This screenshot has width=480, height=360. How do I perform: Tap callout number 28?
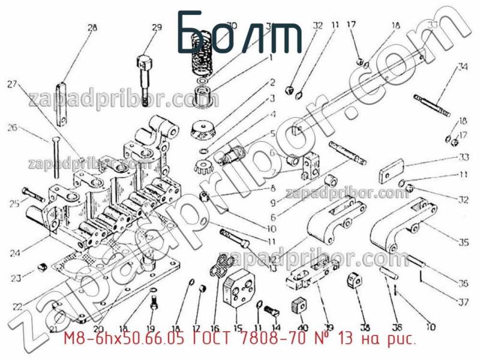(92, 27)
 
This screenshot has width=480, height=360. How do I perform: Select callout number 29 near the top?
(157, 27)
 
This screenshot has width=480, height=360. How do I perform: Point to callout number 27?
(12, 85)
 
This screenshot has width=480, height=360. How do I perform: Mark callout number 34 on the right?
(462, 67)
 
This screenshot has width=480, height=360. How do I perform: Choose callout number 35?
(463, 243)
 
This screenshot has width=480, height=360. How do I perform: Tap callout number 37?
(463, 301)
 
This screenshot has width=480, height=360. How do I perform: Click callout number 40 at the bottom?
(302, 328)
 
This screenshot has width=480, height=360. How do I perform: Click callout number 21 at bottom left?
(53, 329)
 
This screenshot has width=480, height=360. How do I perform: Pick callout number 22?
(17, 306)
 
